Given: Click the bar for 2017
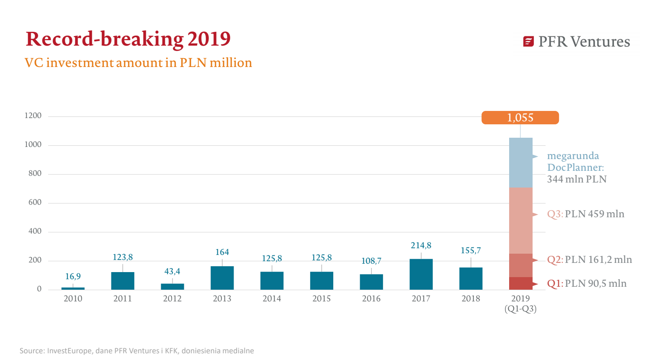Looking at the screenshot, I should pyautogui.click(x=421, y=274).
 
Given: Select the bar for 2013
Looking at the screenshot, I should pyautogui.click(x=222, y=278).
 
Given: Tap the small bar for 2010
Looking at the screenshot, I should pyautogui.click(x=73, y=288).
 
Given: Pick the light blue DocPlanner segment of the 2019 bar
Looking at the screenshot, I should pyautogui.click(x=520, y=162).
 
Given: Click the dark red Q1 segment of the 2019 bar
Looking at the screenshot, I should pyautogui.click(x=520, y=283).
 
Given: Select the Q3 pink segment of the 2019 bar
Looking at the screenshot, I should pyautogui.click(x=520, y=220).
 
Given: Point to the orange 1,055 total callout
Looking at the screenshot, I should pyautogui.click(x=520, y=118).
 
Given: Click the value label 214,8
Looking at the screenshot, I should pyautogui.click(x=421, y=245).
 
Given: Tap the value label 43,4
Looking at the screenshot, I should pyautogui.click(x=172, y=271).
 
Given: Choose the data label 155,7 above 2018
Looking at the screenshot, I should pyautogui.click(x=471, y=250).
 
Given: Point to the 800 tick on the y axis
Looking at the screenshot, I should pyautogui.click(x=35, y=173).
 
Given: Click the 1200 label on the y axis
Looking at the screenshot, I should pyautogui.click(x=33, y=116).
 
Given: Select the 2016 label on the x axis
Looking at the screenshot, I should pyautogui.click(x=371, y=298).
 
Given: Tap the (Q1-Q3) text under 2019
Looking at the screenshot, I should pyautogui.click(x=520, y=309).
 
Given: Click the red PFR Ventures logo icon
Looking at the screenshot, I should pyautogui.click(x=528, y=41).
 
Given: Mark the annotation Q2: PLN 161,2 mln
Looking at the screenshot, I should pyautogui.click(x=589, y=260).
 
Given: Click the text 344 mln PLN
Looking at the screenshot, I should pyautogui.click(x=577, y=179).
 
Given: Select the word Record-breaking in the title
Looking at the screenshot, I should pyautogui.click(x=105, y=39).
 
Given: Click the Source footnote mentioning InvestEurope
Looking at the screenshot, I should pyautogui.click(x=136, y=351).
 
